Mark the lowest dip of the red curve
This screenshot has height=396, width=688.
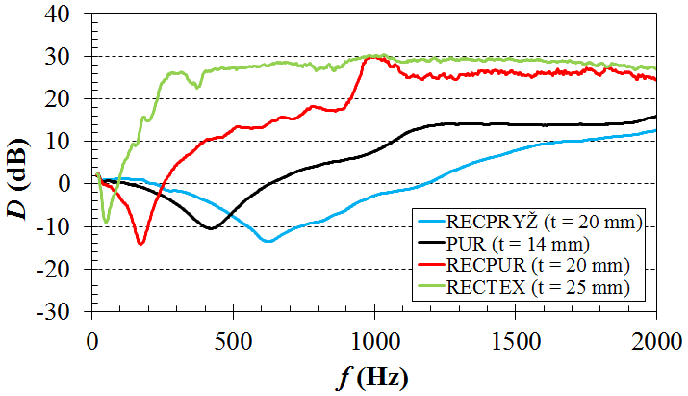coord(141,244)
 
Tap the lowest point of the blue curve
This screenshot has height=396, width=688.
coord(268,241)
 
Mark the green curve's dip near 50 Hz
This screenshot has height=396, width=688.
coord(106,222)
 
